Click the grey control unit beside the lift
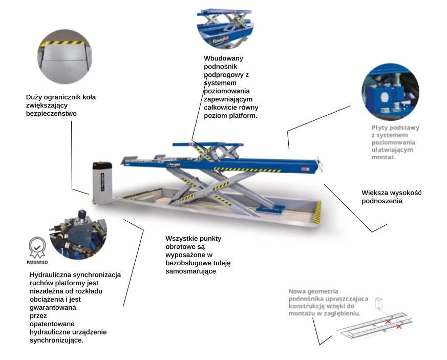click(102, 183)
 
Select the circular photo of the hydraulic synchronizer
click(78, 234)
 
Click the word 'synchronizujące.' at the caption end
click(56, 340)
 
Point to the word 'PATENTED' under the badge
click(37, 262)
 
